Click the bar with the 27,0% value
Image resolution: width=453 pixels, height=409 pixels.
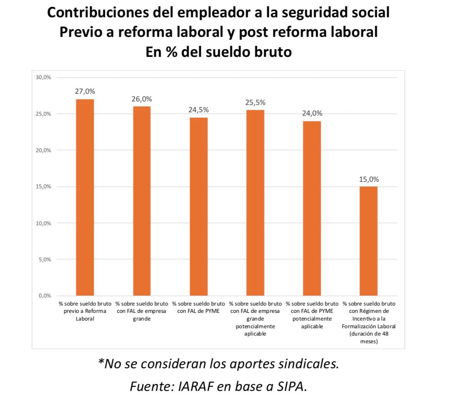pos(85,197)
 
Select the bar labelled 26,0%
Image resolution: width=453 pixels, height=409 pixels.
pos(142,201)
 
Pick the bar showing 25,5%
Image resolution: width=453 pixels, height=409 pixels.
pos(255,203)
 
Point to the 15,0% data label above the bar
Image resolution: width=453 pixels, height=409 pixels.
pos(369,180)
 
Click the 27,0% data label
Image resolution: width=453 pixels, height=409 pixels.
pos(85,91)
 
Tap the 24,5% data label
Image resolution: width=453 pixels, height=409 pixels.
pos(199,110)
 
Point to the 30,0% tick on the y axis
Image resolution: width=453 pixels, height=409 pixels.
pos(43,77)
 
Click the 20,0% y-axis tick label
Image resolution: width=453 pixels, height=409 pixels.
pos(43,150)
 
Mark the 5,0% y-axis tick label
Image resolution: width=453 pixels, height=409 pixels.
pos(45,259)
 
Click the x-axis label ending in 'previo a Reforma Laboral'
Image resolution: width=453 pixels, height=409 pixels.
pos(85,311)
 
